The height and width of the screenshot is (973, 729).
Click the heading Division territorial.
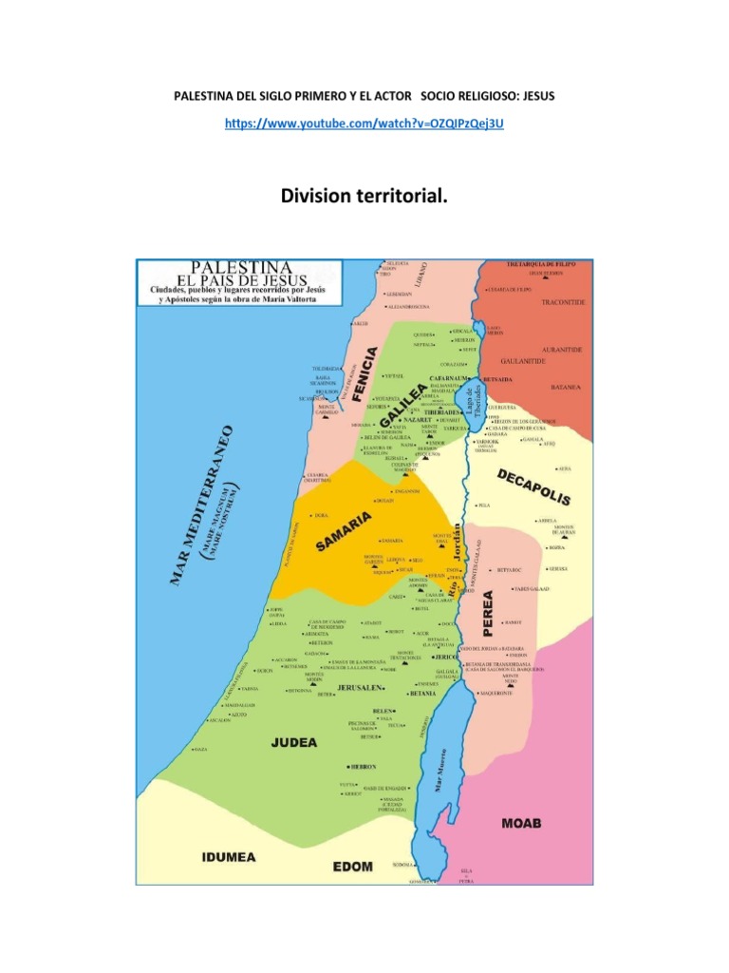364,196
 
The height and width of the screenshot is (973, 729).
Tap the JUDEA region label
294,744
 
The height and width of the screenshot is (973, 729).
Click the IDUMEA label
227,857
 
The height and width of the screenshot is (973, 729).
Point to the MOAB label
521,823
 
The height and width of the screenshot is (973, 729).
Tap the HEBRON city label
362,766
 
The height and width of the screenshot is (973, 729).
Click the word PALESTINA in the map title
242,268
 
